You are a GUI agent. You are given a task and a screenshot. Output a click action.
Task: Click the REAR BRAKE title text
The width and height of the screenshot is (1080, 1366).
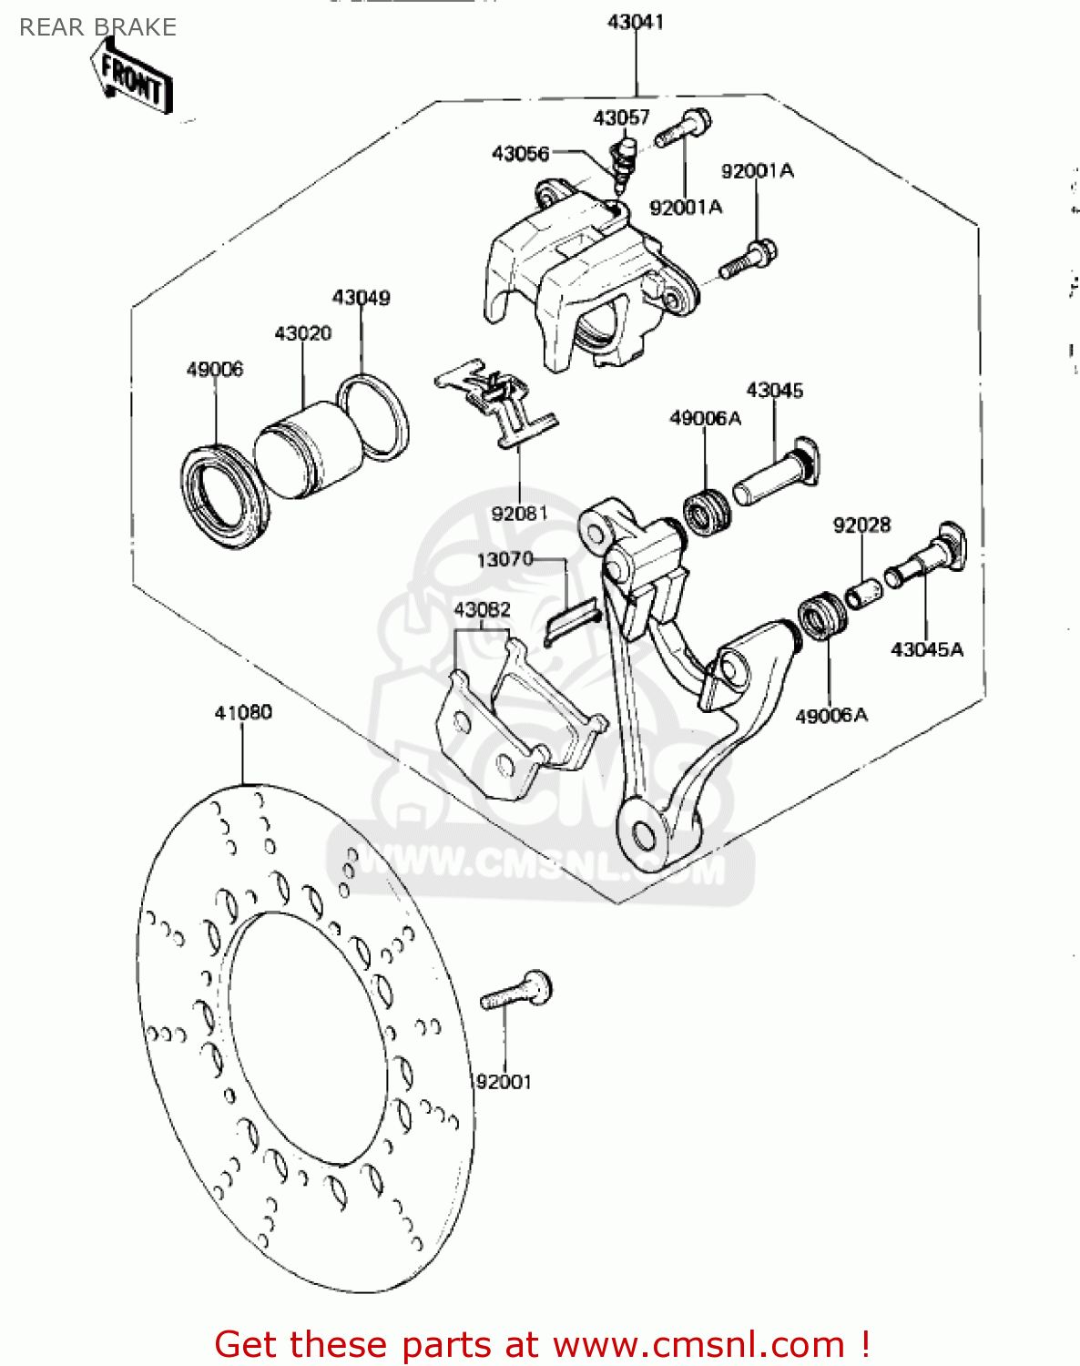tap(97, 27)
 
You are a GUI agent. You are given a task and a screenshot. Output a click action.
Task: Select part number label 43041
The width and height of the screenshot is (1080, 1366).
tap(635, 22)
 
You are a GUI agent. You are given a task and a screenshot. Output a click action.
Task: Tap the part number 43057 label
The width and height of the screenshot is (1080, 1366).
tap(621, 117)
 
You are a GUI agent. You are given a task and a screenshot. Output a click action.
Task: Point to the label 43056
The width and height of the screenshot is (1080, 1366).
tap(520, 154)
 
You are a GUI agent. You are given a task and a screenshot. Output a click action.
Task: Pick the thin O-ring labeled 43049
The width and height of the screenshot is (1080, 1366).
tap(372, 416)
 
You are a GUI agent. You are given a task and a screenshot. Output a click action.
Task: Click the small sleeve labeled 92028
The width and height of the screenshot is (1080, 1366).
tap(863, 593)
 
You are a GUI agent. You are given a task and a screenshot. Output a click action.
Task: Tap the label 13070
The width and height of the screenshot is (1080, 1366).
tap(504, 559)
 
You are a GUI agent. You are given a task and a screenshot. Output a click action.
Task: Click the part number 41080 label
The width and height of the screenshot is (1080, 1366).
tap(243, 712)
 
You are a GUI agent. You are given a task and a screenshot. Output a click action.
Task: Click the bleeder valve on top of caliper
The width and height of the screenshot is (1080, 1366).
tap(624, 159)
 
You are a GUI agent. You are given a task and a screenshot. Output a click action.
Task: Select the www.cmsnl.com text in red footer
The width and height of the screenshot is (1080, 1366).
tap(699, 1344)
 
